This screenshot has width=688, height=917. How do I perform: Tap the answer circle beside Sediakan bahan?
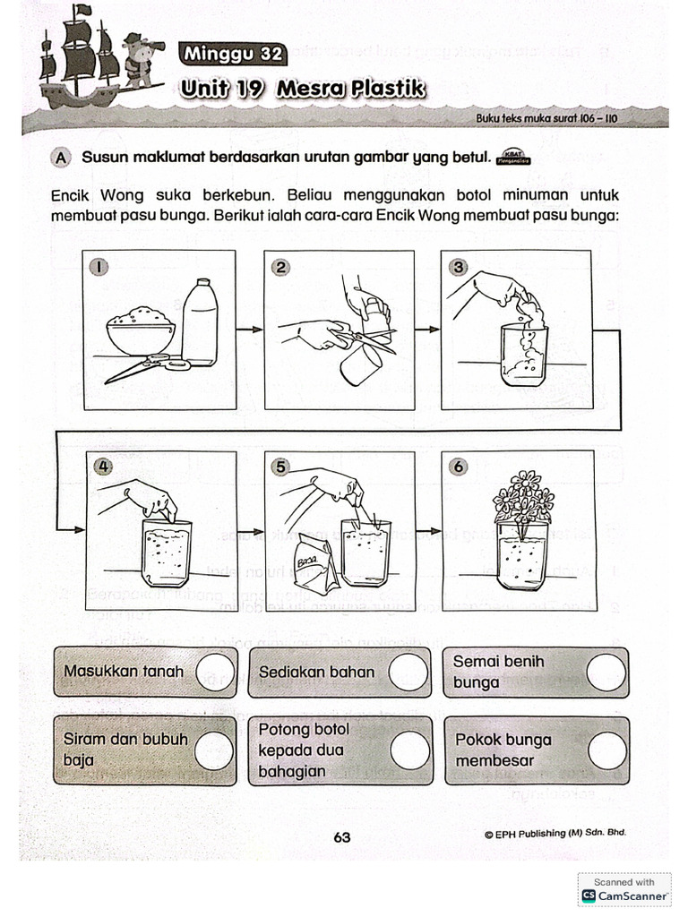(x=408, y=672)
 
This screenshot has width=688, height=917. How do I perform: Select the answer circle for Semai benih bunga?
(x=606, y=672)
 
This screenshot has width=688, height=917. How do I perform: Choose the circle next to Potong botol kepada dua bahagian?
(x=409, y=750)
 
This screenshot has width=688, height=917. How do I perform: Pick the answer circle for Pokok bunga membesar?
(x=606, y=750)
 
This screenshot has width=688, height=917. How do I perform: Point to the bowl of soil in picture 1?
(x=140, y=331)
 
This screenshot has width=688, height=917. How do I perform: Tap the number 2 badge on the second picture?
(x=280, y=266)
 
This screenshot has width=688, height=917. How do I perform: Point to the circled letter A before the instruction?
(x=61, y=157)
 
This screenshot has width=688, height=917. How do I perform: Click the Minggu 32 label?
(x=233, y=55)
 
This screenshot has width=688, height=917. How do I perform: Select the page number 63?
(x=341, y=837)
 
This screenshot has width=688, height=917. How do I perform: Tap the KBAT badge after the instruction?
(x=512, y=157)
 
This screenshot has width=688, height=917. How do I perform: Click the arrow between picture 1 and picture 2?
(x=250, y=330)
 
